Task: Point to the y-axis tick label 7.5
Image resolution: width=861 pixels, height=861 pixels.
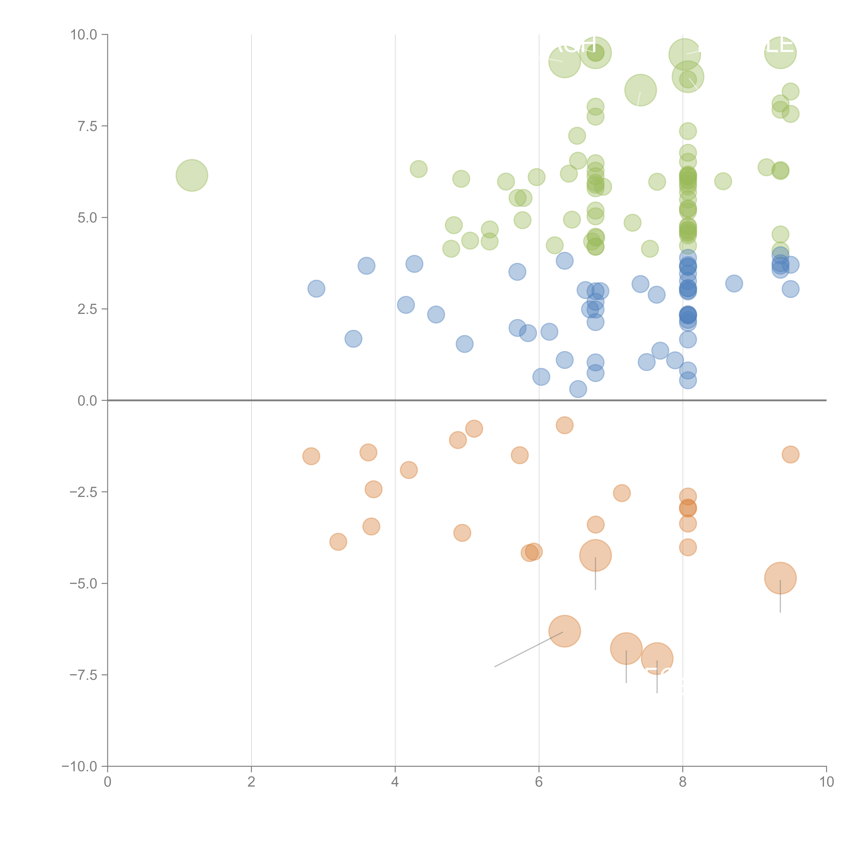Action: pos(87,126)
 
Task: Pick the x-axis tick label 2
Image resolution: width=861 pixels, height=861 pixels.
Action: pos(251,782)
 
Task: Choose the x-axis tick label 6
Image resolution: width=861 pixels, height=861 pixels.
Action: pos(539,782)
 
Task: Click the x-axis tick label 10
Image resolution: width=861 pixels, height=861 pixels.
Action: pos(826,782)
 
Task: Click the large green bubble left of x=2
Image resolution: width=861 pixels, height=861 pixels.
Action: pos(192,175)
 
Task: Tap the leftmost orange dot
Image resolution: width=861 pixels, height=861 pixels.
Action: pos(311,456)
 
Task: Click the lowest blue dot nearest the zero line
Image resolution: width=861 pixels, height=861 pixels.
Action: pos(578,389)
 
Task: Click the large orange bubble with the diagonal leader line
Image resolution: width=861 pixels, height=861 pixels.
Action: pos(565,631)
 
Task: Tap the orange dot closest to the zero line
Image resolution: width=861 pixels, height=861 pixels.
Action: pos(565,425)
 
